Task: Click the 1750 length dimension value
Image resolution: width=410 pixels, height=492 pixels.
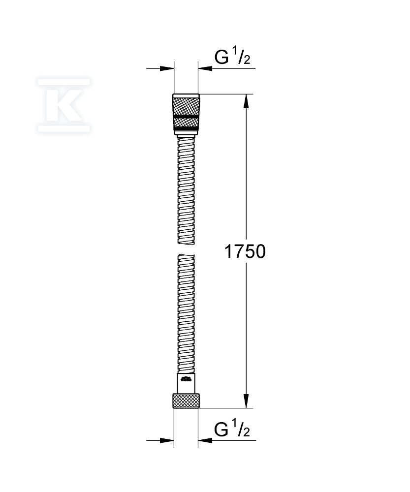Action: tap(245, 252)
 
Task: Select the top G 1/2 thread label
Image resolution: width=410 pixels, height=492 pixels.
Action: tap(232, 58)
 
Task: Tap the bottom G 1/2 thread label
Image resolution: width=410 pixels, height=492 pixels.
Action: tap(232, 430)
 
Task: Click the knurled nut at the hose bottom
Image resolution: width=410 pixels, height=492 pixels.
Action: tap(186, 400)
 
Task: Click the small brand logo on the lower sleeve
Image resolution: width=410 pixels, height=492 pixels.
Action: tap(186, 379)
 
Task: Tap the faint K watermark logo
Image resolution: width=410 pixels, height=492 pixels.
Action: tap(64, 105)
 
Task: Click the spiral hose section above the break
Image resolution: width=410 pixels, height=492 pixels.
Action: tap(186, 192)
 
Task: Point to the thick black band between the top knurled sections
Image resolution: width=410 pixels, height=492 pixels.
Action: tap(186, 116)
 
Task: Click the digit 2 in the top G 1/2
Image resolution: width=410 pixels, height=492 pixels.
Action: tap(247, 61)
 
